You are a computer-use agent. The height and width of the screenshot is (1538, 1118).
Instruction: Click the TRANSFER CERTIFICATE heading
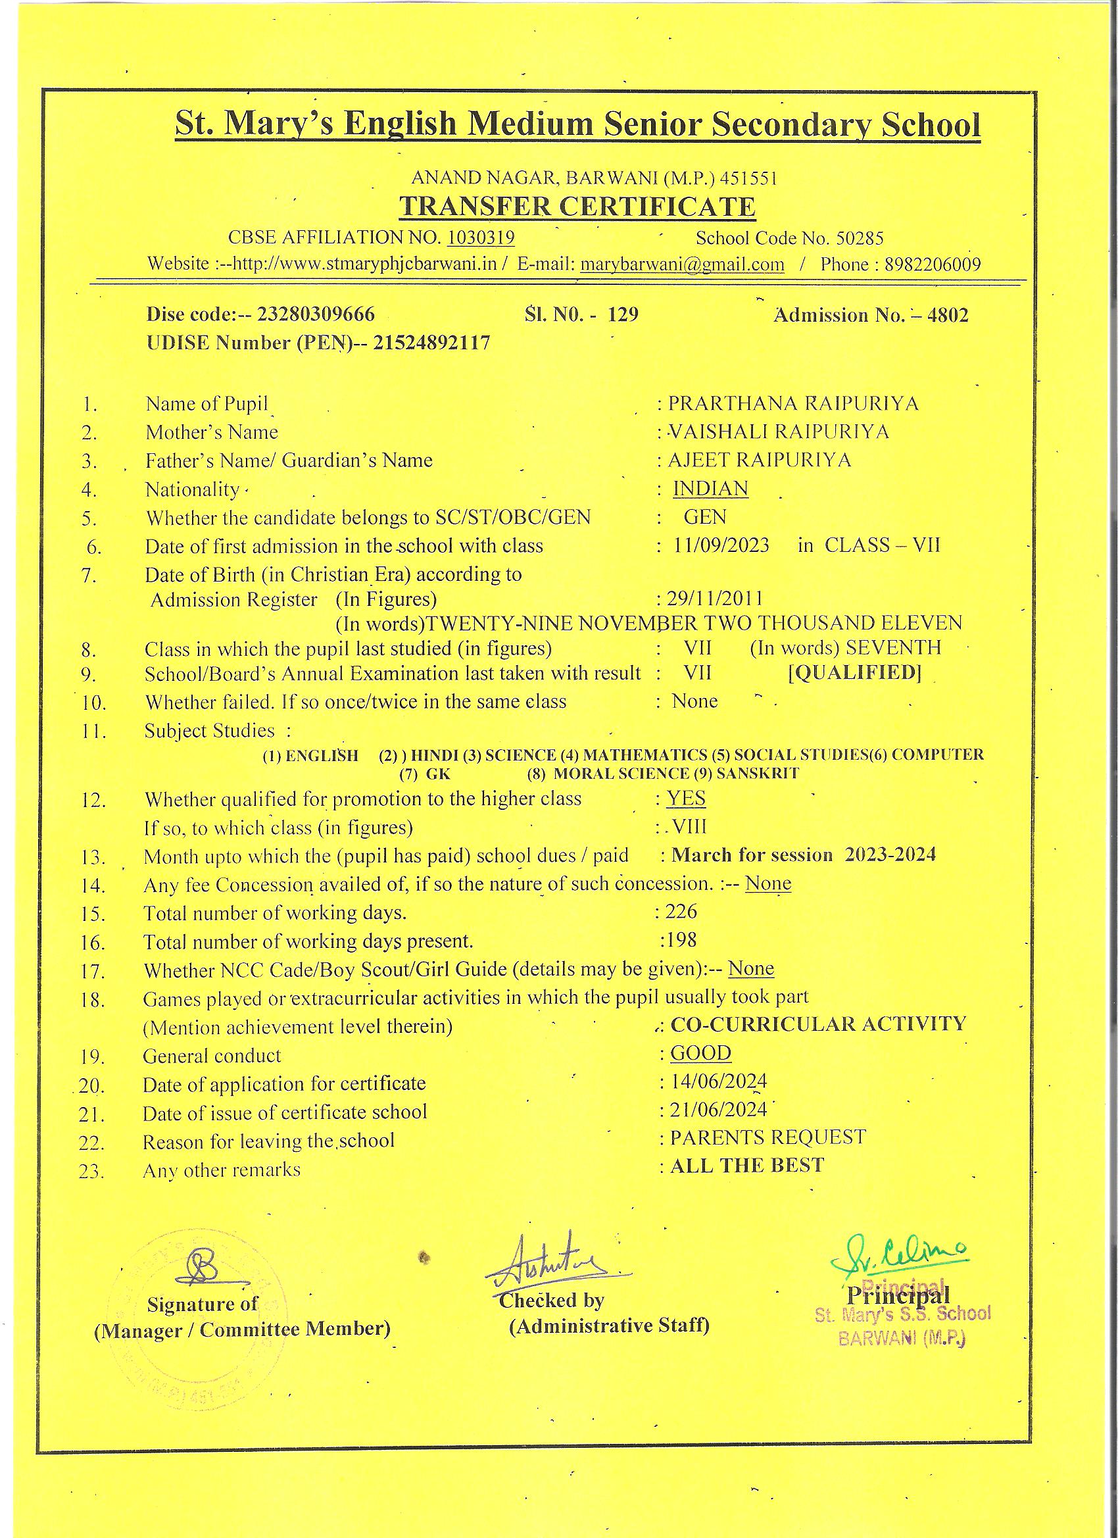pos(577,207)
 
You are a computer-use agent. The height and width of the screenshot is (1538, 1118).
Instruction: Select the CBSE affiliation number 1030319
pos(481,237)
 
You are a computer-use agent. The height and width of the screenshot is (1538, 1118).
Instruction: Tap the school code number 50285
pos(860,238)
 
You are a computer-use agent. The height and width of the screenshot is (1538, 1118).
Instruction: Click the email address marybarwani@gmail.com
pos(682,264)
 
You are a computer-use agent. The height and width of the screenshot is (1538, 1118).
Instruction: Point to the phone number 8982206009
pos(933,264)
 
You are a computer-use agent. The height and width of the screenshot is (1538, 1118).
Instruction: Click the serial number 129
pos(623,314)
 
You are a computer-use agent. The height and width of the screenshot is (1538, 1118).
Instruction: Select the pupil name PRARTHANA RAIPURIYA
pos(793,403)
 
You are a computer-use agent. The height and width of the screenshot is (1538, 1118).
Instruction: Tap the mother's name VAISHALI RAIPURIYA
pos(779,432)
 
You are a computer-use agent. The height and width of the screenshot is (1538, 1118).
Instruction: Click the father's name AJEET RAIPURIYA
pos(760,460)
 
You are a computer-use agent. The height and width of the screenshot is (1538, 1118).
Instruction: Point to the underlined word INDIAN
pos(710,488)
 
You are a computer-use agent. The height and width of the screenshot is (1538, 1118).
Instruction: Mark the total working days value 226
pos(681,910)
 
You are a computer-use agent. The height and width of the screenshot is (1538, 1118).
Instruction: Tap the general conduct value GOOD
pos(701,1053)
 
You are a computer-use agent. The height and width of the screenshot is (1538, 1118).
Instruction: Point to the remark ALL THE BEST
pos(747,1166)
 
